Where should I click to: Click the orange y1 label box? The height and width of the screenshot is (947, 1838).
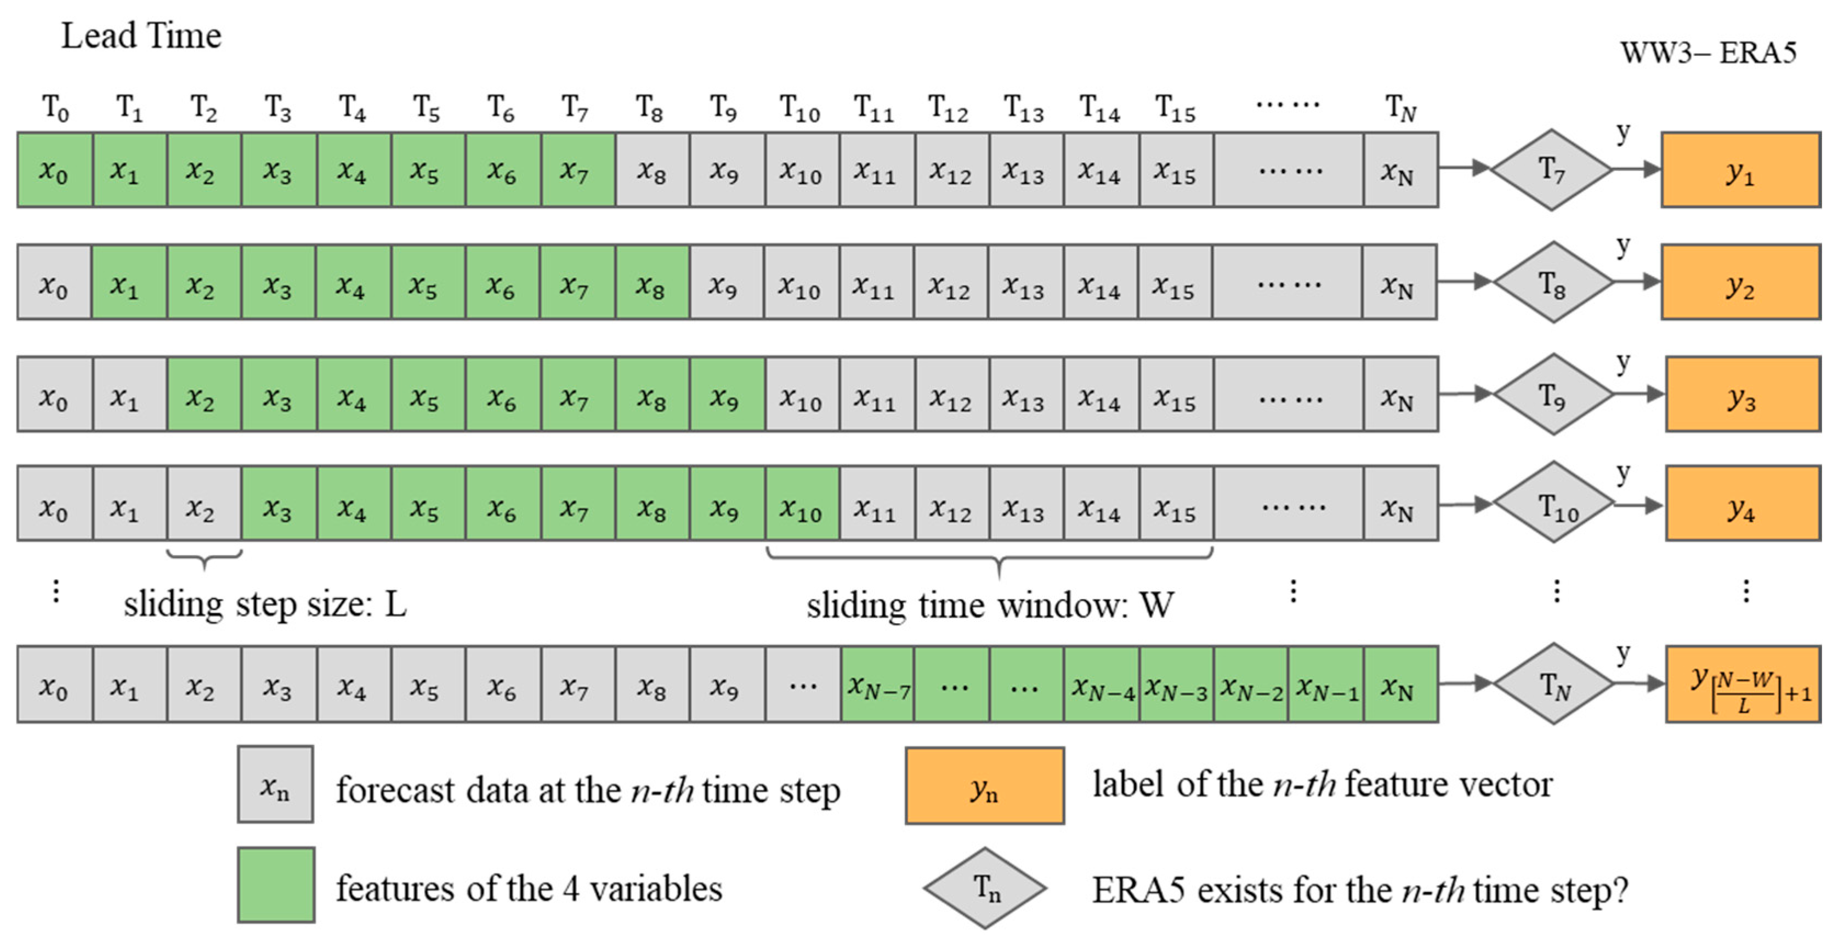click(1741, 170)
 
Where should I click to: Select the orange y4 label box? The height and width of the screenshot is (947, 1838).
click(1743, 504)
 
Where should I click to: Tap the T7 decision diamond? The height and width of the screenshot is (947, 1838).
click(1551, 170)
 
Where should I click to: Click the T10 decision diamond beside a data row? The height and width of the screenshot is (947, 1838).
click(1554, 504)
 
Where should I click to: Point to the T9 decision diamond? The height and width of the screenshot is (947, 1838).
click(1553, 393)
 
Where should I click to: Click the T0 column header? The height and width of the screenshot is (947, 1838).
click(55, 109)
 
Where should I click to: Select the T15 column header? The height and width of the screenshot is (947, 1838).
click(1175, 109)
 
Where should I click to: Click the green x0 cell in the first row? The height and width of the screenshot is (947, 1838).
click(55, 170)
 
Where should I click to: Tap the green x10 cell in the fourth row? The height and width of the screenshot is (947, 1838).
click(803, 504)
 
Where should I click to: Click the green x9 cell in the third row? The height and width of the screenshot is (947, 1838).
click(727, 393)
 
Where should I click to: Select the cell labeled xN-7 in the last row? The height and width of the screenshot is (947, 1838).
click(878, 684)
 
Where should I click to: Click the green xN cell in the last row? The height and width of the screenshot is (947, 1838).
click(1400, 684)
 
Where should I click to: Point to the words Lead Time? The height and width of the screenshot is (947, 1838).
click(141, 36)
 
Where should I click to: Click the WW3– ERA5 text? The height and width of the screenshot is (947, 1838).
click(1708, 53)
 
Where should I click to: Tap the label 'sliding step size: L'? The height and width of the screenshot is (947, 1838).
click(265, 604)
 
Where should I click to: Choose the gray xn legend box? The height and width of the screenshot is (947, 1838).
click(275, 784)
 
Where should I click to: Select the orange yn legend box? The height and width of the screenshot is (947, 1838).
click(985, 786)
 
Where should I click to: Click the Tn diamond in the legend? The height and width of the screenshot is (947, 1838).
click(985, 888)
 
